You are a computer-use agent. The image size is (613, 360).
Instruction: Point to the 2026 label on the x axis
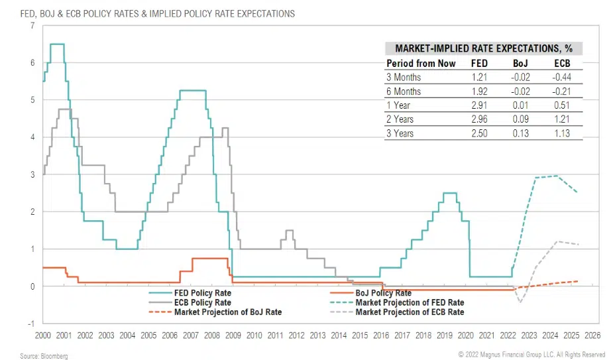pos(592,335)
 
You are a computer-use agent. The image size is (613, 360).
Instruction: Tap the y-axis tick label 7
pos(32,25)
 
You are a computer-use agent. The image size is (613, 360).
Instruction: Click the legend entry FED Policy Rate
pos(203,292)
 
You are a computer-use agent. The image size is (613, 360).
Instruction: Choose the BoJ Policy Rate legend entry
pos(383,292)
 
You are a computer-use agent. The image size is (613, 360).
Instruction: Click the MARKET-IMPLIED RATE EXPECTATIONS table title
pos(484,48)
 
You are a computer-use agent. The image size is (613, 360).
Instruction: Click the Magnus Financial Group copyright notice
pos(531,354)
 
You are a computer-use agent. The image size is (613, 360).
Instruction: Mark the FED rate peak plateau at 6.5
pos(57,44)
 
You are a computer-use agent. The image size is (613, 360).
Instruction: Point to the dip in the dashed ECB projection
pos(520,302)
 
